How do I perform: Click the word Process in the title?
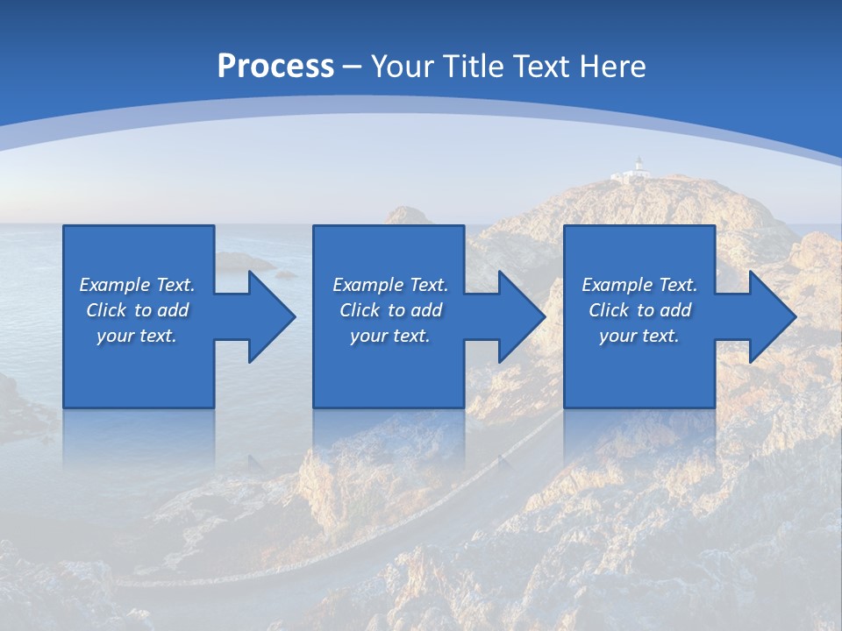tap(275, 67)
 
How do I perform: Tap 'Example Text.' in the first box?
tap(137, 285)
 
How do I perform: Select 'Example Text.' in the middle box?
tap(390, 285)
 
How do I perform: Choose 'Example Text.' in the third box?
tap(639, 285)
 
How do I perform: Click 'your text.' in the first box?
tap(137, 336)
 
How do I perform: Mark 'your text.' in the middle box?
tap(390, 336)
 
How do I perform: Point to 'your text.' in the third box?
tap(639, 336)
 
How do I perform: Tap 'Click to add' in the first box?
tap(137, 310)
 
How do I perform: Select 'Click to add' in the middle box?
tap(390, 310)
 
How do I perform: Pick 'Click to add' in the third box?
tap(639, 310)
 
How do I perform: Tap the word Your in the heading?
tap(403, 67)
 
